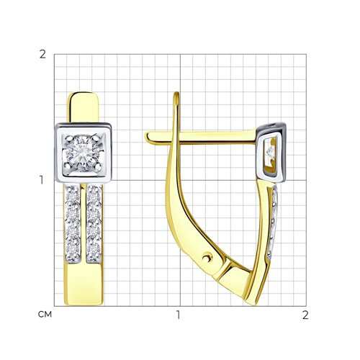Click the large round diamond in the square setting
click(x=83, y=153)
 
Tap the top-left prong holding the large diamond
click(x=68, y=138)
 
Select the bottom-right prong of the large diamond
click(x=98, y=166)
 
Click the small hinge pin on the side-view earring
click(x=207, y=258)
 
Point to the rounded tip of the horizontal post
click(x=148, y=138)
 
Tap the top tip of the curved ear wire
click(x=176, y=94)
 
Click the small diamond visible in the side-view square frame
click(x=271, y=151)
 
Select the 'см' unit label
click(x=45, y=315)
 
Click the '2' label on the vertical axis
click(x=42, y=55)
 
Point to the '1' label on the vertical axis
click(x=42, y=180)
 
